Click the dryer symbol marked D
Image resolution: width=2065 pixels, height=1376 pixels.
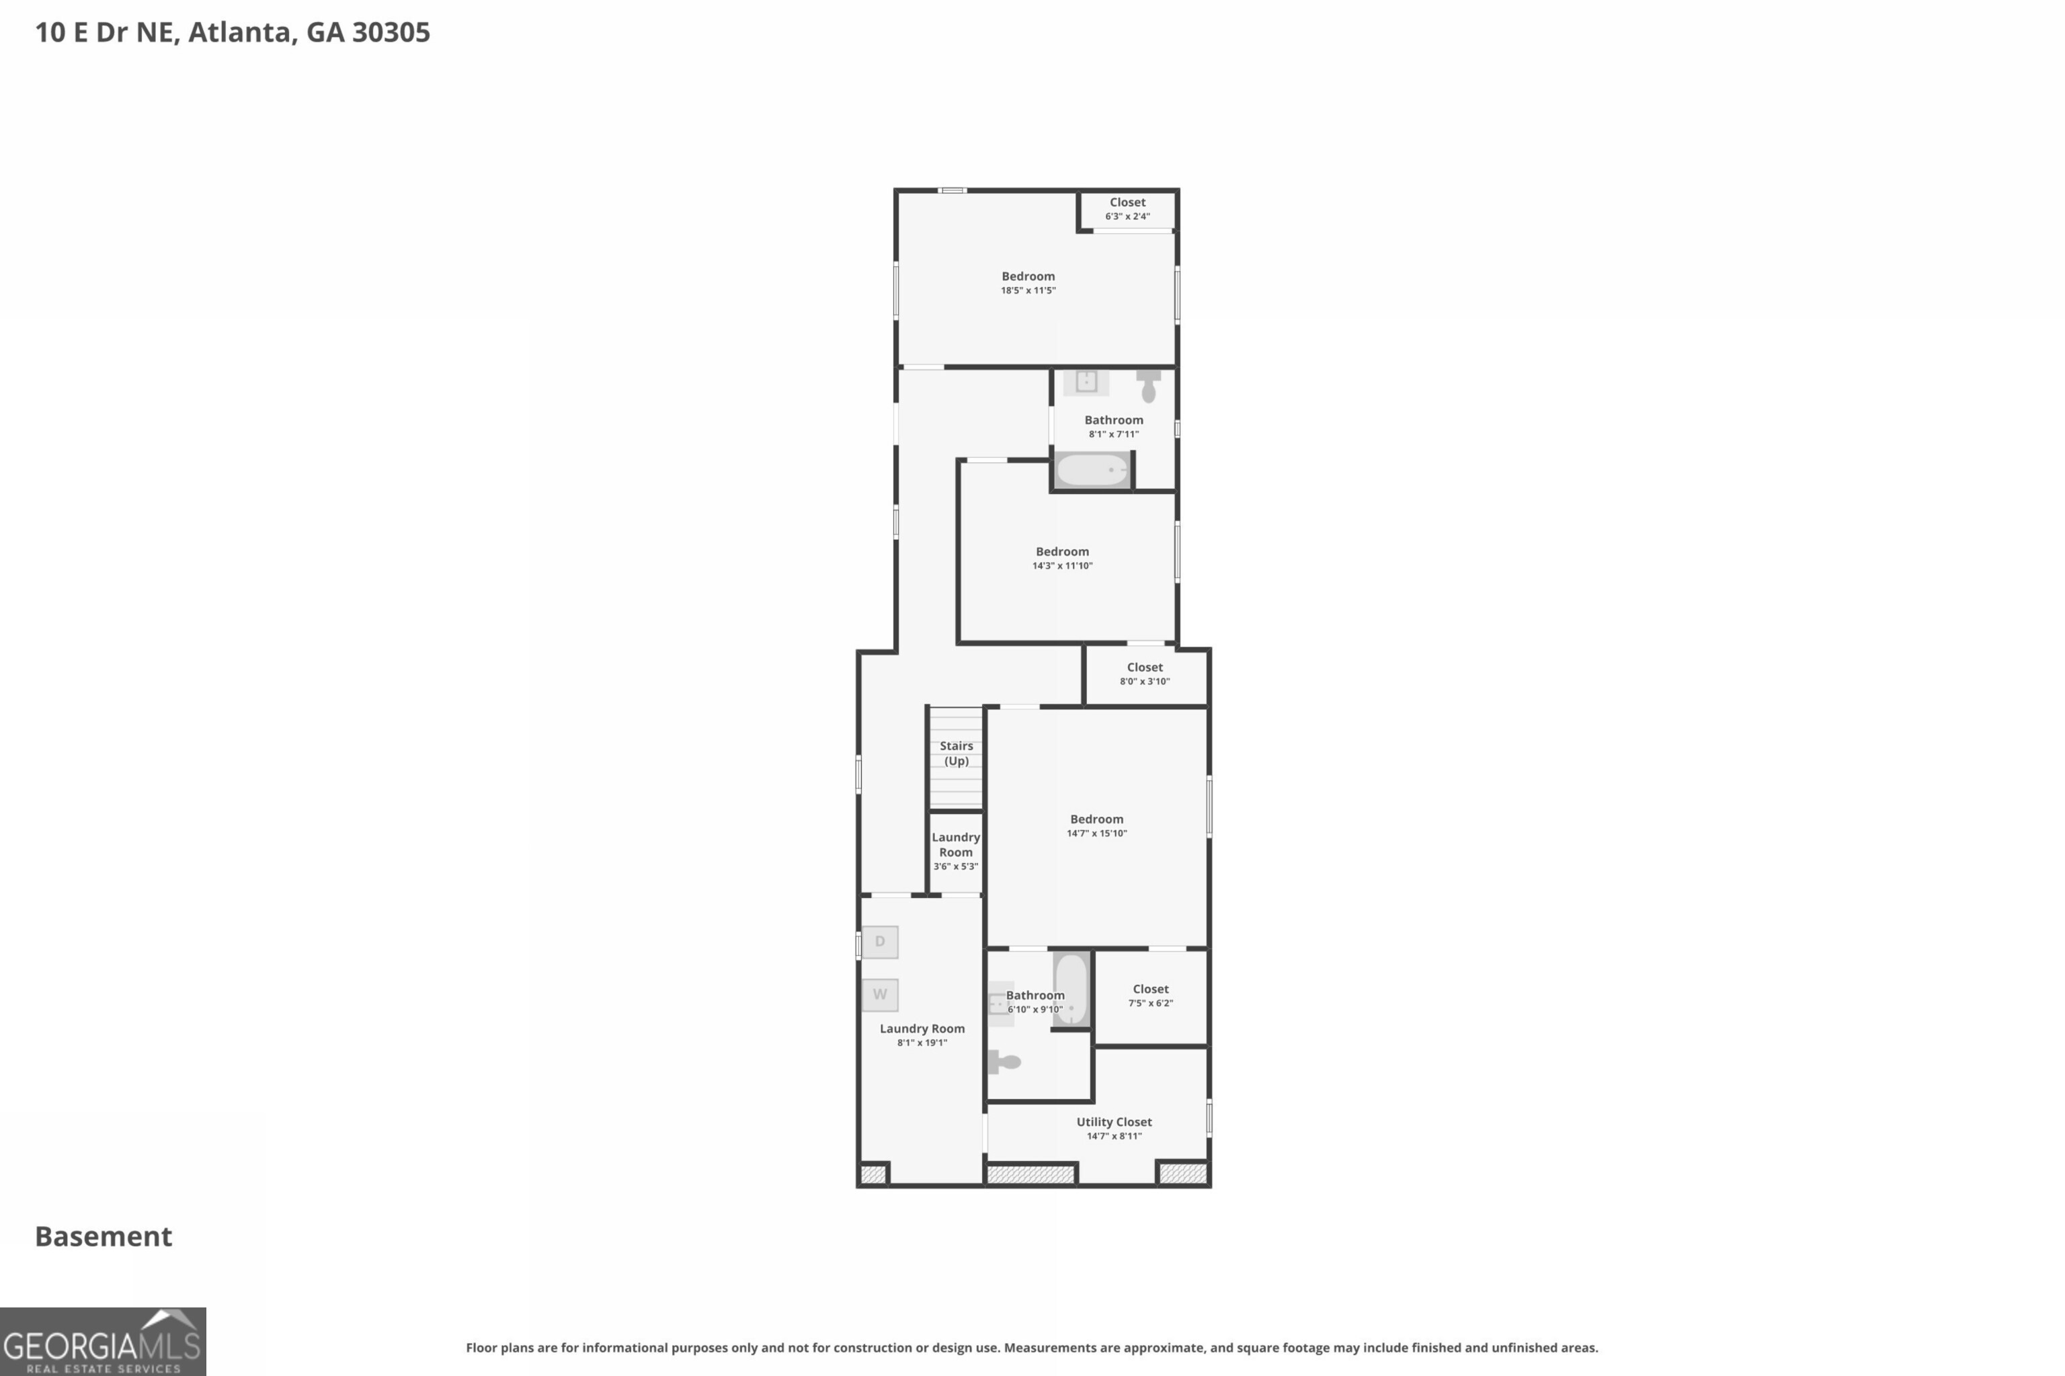coord(879,942)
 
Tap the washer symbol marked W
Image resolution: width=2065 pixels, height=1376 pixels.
coord(879,994)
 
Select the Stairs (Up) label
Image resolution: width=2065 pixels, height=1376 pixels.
coord(956,753)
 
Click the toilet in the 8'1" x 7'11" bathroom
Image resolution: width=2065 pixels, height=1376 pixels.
coord(1148,385)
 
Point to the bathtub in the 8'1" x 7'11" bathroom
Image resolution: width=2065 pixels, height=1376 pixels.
coord(1092,469)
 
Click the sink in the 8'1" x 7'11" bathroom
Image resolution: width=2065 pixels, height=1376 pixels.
coord(1086,381)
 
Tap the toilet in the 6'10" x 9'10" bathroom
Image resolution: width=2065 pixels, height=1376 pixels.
coord(1005,1062)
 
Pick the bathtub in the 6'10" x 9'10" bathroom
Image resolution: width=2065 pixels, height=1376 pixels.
coord(1071,988)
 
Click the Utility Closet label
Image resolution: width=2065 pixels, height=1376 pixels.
coord(1114,1121)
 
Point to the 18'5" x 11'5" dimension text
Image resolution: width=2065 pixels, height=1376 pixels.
coord(1028,290)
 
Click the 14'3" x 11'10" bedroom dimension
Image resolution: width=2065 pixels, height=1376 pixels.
coord(1062,566)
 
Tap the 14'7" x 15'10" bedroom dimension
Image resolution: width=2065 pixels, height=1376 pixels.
coord(1096,834)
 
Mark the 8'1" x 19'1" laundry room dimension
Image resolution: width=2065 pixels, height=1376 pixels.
coord(922,1043)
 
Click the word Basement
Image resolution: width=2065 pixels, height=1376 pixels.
coord(104,1236)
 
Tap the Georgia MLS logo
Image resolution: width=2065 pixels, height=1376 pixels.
coord(103,1342)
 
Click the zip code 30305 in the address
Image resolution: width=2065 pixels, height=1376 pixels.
coord(391,32)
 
